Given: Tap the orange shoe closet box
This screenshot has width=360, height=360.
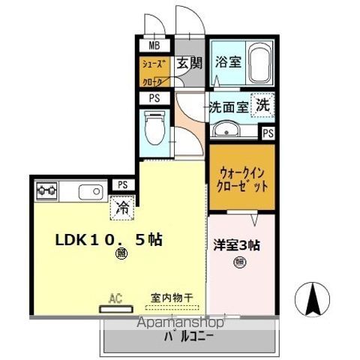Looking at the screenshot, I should click(154, 72).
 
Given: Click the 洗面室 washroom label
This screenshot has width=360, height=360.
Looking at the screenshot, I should click(228, 107).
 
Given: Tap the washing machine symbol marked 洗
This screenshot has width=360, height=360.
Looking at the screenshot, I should click(262, 105).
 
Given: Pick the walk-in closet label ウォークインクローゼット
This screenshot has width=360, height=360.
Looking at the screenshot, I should click(241, 179).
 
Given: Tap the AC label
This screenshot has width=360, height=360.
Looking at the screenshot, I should click(115, 298).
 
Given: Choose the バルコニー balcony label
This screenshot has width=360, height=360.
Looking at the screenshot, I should click(187, 336).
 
